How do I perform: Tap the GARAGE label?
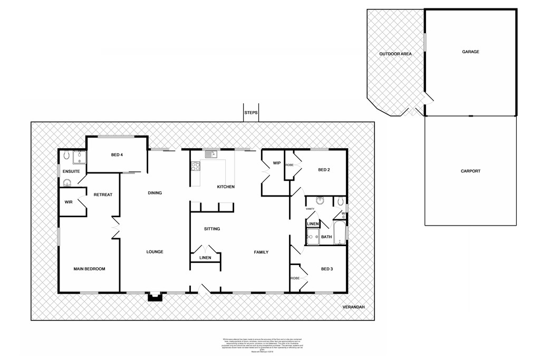[x=470, y=52]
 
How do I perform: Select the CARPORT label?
[x=470, y=171]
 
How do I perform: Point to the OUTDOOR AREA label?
[x=395, y=54]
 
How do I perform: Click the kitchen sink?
[x=211, y=154]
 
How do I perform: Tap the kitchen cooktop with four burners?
[x=195, y=166]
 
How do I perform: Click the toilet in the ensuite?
[x=66, y=156]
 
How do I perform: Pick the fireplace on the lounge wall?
[x=155, y=297]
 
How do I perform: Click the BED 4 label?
[x=117, y=154]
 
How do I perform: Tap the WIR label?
[x=68, y=202]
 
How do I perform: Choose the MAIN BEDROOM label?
[x=89, y=269]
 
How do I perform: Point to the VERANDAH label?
[x=353, y=307]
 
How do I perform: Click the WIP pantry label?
[x=276, y=163]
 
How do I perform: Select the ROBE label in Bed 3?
[x=294, y=278]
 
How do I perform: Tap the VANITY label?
[x=311, y=209]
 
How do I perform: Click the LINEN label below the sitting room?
[x=205, y=258]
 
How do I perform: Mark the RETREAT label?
[x=103, y=195]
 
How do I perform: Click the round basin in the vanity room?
[x=320, y=200]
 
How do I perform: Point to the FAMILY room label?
[x=261, y=252]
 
